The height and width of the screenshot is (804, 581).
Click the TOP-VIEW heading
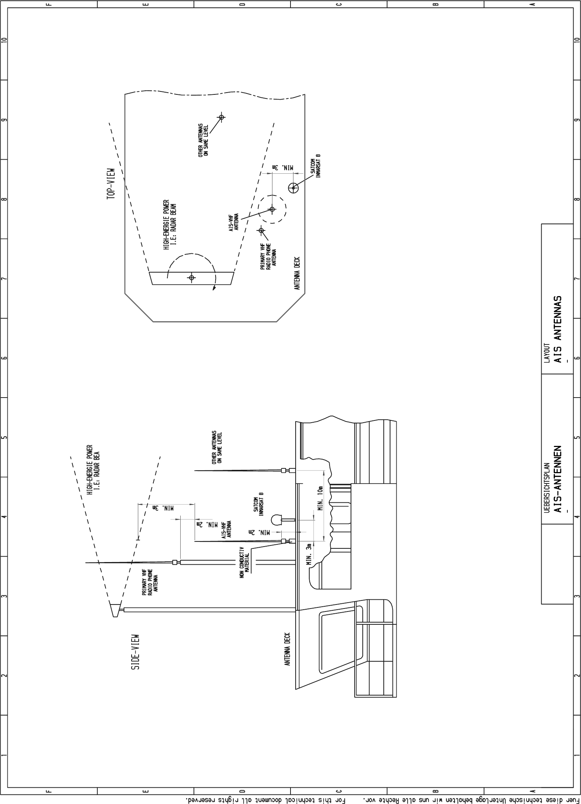point(111,185)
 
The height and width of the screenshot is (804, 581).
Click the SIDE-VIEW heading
point(136,652)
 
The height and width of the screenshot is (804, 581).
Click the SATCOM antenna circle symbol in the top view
point(293,188)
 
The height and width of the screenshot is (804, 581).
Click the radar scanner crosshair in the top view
point(191,277)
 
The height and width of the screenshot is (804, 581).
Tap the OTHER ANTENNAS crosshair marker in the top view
point(221,117)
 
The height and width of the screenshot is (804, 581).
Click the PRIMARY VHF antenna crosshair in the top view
point(261,231)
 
